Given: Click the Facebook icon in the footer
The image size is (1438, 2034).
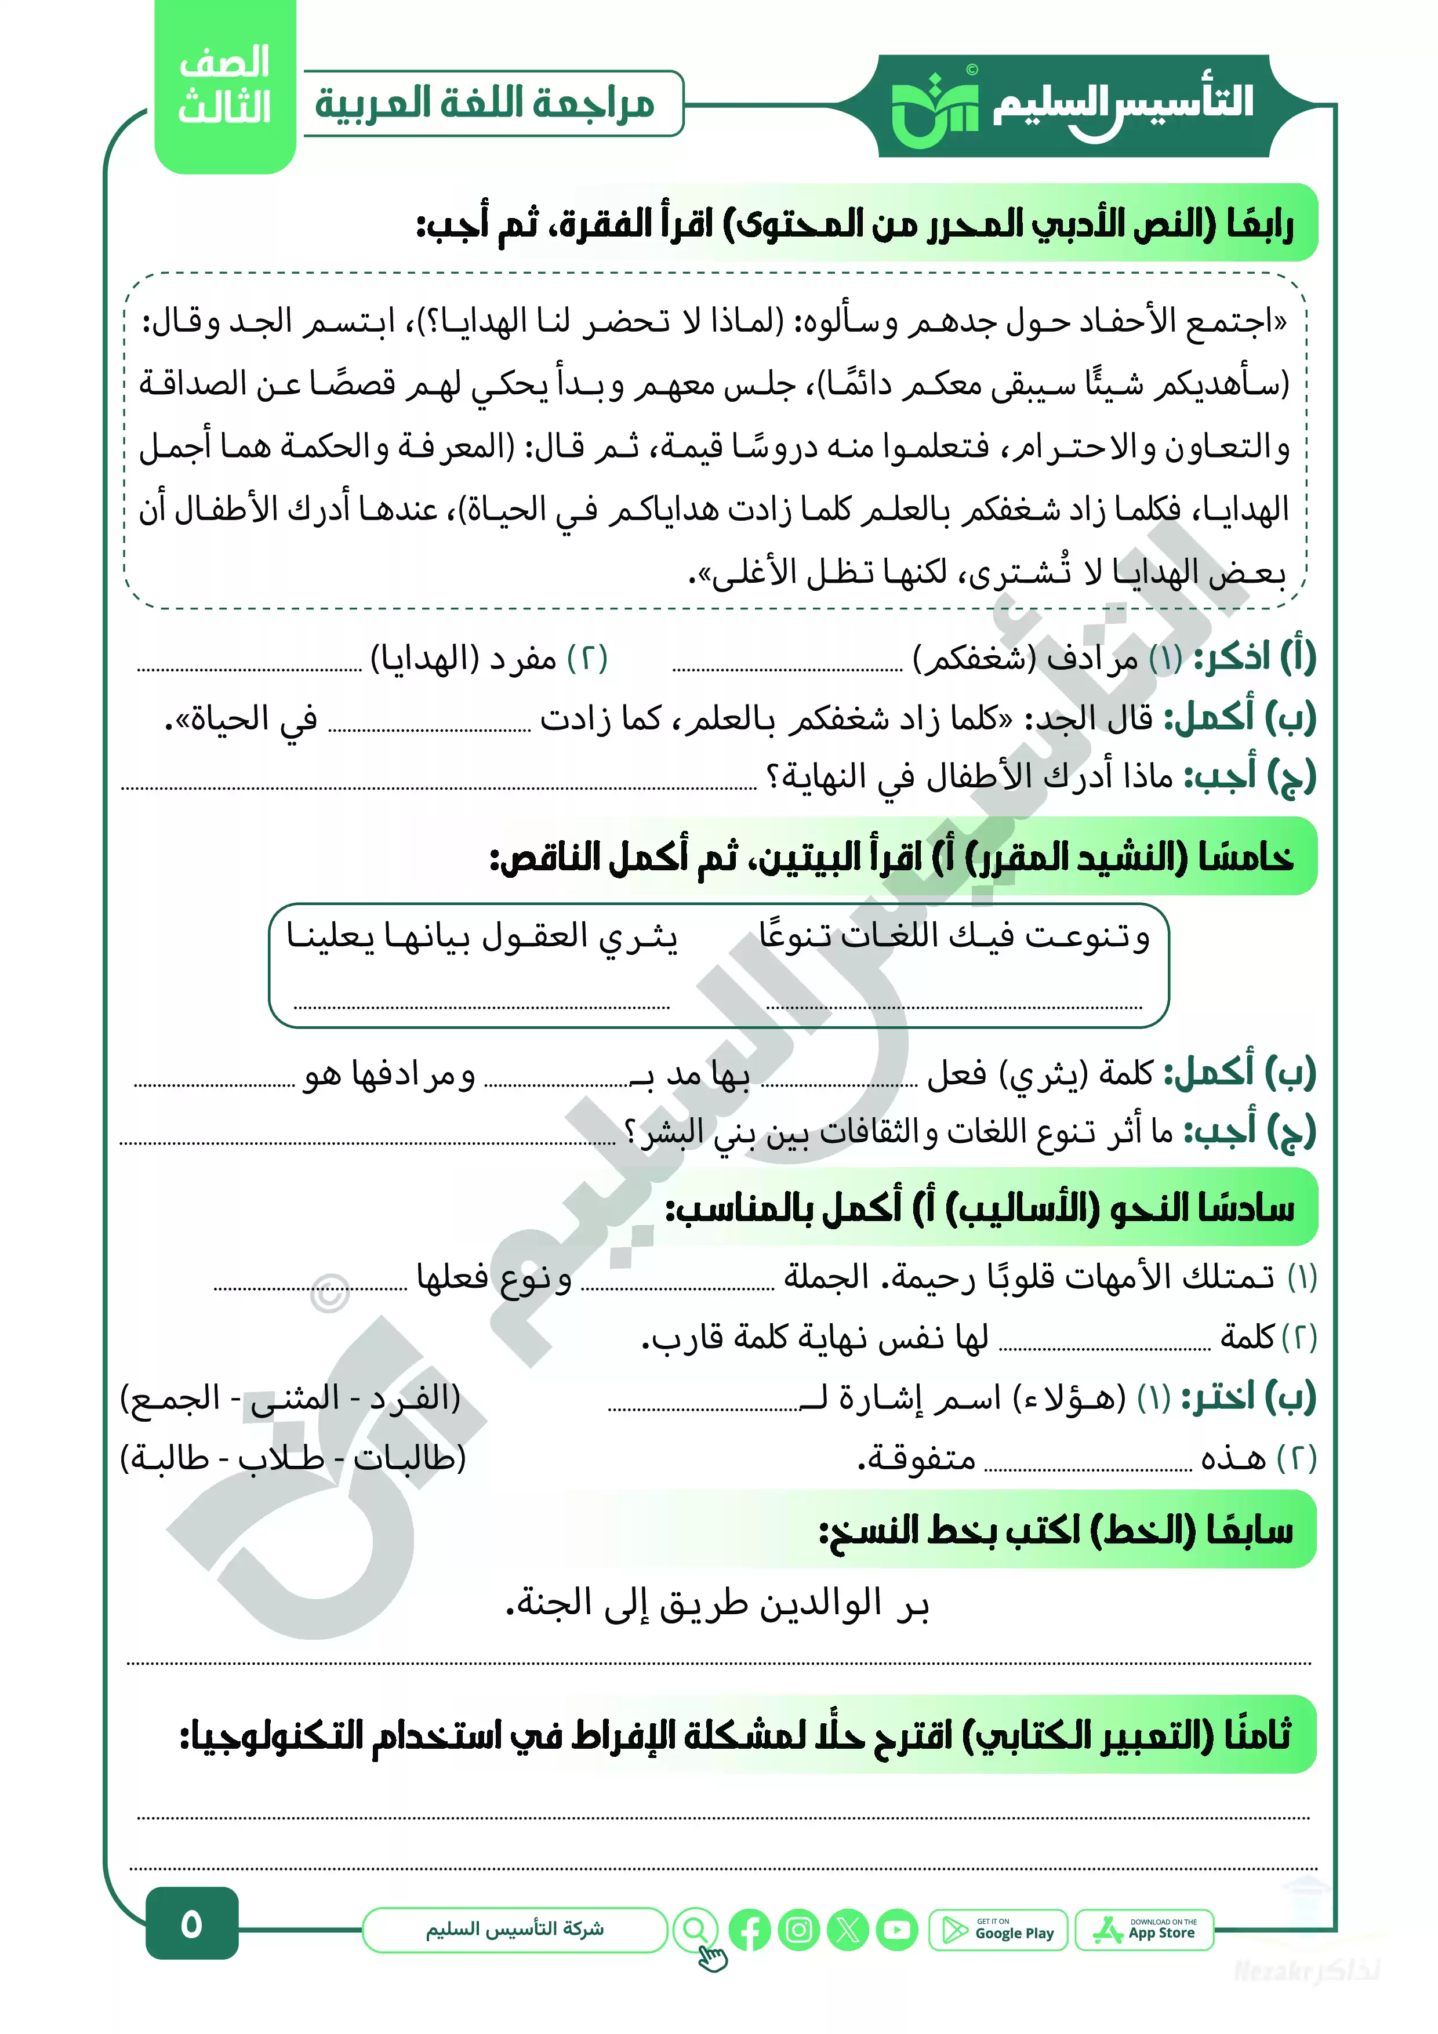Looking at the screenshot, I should [x=750, y=1930].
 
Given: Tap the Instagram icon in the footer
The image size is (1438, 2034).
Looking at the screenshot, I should [x=799, y=1930].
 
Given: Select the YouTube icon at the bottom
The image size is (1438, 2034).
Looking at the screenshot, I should [x=898, y=1930].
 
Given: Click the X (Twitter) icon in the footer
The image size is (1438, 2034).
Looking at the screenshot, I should [x=848, y=1930].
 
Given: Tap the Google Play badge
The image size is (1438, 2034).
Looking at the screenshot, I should [x=998, y=1930].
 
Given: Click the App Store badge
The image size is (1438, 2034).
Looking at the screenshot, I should [x=1144, y=1930].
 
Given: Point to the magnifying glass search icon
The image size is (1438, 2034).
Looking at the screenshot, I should [x=696, y=1928].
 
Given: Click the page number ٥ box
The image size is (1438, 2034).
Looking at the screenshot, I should [x=191, y=1923].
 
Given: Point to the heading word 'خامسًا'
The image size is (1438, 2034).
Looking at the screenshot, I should [x=1245, y=856].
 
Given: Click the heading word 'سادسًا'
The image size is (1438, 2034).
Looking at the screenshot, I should [x=1245, y=1207].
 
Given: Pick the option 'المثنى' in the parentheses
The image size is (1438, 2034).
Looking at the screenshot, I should [x=284, y=1398].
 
